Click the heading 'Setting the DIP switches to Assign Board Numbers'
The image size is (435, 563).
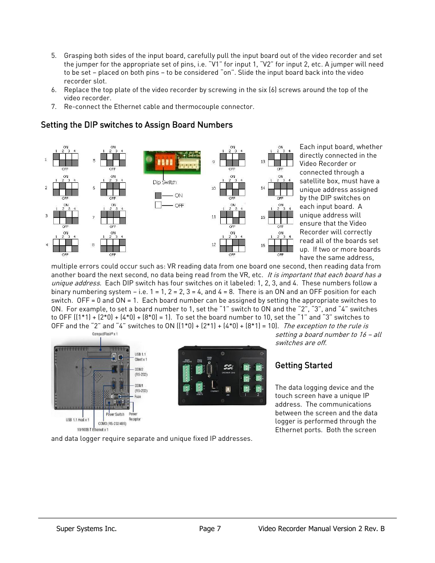(136, 125)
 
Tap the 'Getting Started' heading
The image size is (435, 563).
(303, 365)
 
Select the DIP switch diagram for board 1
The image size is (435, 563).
(65, 160)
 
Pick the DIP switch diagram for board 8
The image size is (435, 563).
(113, 245)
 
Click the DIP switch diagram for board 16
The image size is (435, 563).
(280, 245)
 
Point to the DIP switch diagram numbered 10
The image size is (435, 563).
(232, 188)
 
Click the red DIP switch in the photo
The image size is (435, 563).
(165, 161)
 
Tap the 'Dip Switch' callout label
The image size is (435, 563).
(164, 182)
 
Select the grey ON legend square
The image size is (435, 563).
(158, 196)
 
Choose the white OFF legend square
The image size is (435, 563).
(158, 206)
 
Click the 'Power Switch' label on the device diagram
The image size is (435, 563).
(115, 414)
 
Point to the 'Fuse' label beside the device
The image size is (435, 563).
(138, 397)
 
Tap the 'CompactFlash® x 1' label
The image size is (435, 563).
(105, 334)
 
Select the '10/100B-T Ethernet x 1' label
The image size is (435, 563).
(93, 429)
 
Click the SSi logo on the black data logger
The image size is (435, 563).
(228, 367)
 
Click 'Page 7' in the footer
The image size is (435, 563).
(210, 529)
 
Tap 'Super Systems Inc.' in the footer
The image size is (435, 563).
(86, 529)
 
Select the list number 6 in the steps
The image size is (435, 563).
(54, 90)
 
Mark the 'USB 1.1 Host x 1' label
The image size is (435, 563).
(78, 420)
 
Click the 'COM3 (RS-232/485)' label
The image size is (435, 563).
(112, 424)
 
